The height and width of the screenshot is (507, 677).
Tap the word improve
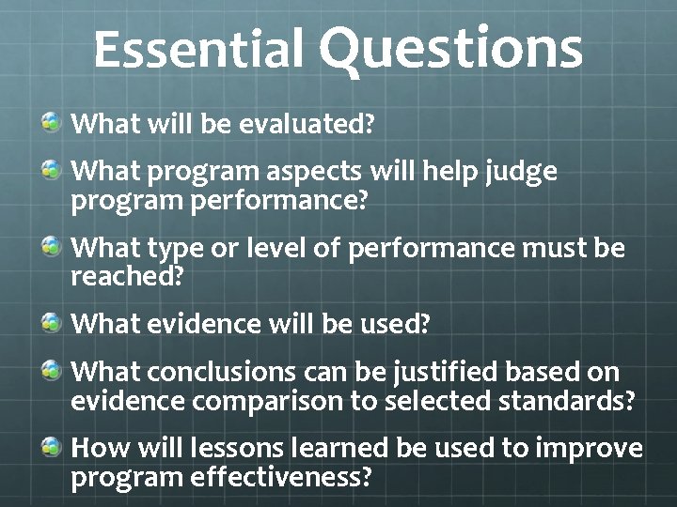[x=589, y=449]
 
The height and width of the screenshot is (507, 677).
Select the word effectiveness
[x=272, y=478]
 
